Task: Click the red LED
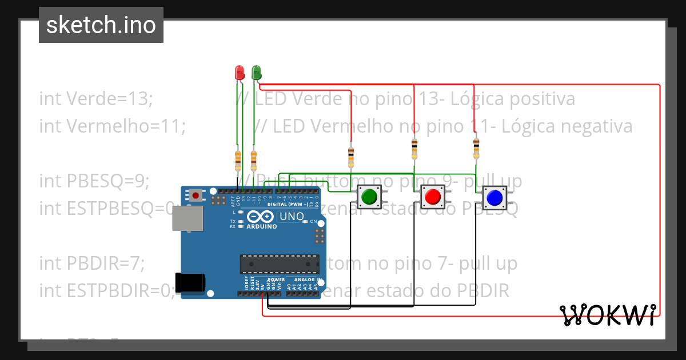coord(240,73)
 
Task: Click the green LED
coord(256,73)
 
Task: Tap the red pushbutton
coord(432,197)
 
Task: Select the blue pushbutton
coord(494,198)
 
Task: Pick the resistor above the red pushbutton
coord(414,149)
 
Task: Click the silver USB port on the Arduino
coord(187,218)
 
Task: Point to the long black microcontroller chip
coord(280,263)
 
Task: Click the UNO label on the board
coord(291,217)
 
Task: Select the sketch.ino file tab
coord(101,25)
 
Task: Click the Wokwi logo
coord(608,315)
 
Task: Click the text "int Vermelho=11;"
coord(113,126)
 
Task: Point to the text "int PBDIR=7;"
coord(92,263)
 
